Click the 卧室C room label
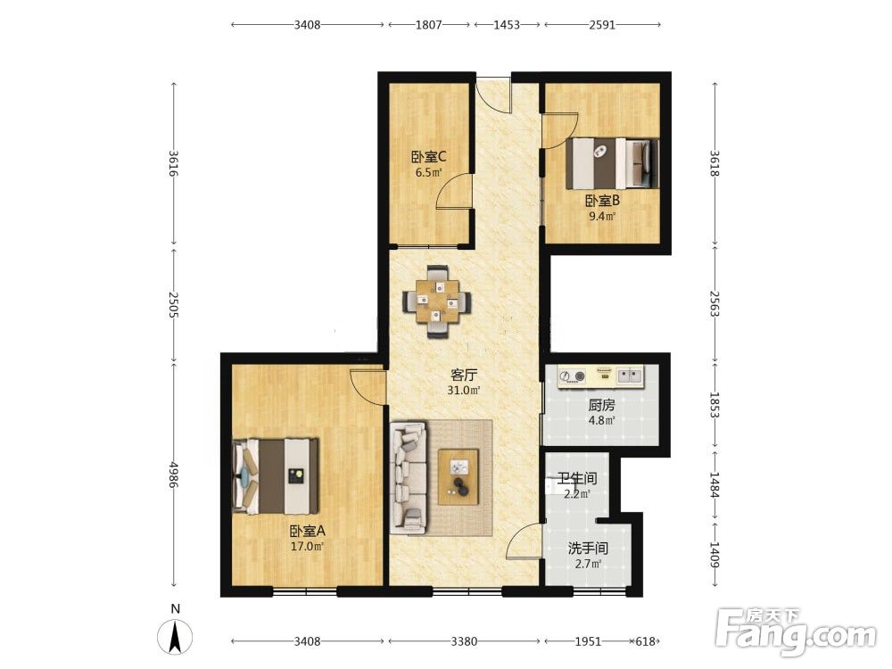click(x=428, y=156)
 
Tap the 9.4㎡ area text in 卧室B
click(x=602, y=216)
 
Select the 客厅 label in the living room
click(x=464, y=375)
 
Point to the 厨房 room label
click(x=601, y=406)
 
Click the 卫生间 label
click(x=577, y=478)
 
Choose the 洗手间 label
click(x=588, y=549)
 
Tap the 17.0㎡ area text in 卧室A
click(x=307, y=547)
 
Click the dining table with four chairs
click(x=437, y=302)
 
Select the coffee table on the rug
click(x=458, y=476)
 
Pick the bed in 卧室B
click(x=613, y=162)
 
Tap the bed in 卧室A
click(x=276, y=475)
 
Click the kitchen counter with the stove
click(x=600, y=376)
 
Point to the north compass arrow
click(x=177, y=637)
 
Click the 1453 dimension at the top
click(x=507, y=24)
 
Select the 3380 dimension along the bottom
click(x=464, y=641)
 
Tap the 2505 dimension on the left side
click(x=174, y=305)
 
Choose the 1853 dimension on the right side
click(x=714, y=405)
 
